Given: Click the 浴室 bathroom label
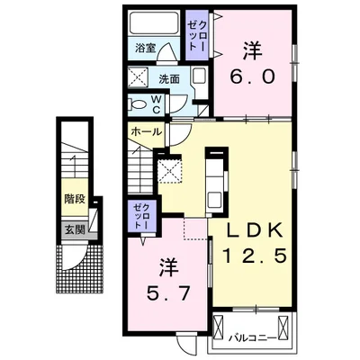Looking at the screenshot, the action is pyautogui.click(x=145, y=48).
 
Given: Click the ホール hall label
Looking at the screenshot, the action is pyautogui.click(x=147, y=131).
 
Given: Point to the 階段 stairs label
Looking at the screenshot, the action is pyautogui.click(x=75, y=199).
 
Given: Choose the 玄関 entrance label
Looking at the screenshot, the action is pyautogui.click(x=75, y=230).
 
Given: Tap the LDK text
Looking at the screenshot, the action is pyautogui.click(x=254, y=231).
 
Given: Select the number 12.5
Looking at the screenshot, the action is pyautogui.click(x=254, y=256).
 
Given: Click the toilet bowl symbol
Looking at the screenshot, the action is pyautogui.click(x=137, y=104).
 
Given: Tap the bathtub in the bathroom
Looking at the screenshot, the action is pyautogui.click(x=154, y=23).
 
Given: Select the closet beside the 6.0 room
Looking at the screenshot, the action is pyautogui.click(x=197, y=35).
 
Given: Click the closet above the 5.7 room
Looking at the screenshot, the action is pyautogui.click(x=142, y=216).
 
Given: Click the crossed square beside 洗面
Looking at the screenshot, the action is pyautogui.click(x=138, y=77).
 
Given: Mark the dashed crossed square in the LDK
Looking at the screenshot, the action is pyautogui.click(x=170, y=171).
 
